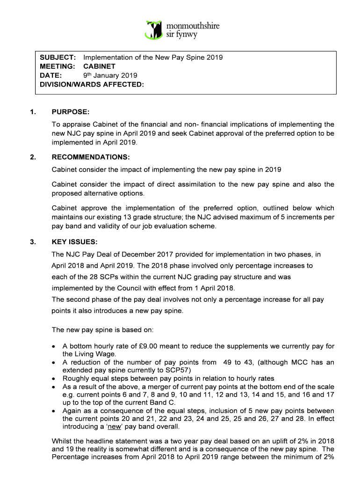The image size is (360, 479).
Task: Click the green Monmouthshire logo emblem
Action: coord(154,29)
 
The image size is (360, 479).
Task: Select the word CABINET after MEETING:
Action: coord(99,66)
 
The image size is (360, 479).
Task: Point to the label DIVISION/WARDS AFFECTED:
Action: coord(92,84)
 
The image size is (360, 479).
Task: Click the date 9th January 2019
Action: coord(110,75)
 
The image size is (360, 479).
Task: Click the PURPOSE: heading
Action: coord(70,112)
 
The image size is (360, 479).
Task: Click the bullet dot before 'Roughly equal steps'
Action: coord(55,378)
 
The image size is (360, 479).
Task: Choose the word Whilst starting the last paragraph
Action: coord(62,442)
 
